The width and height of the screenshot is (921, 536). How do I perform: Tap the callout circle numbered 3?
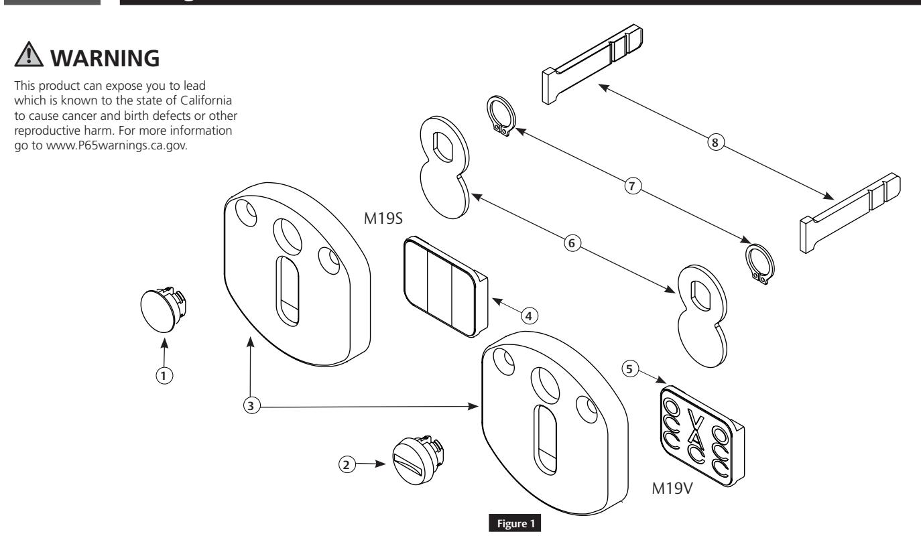[249, 407]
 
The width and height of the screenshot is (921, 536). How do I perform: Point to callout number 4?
[530, 315]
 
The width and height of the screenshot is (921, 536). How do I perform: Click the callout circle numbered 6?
[571, 244]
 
